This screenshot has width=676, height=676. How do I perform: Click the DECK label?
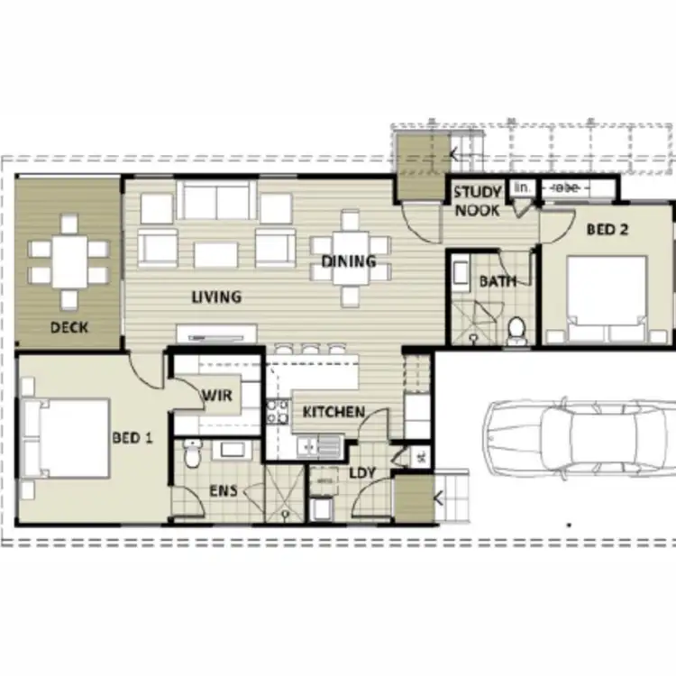tap(69, 327)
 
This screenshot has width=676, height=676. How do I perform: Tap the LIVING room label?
tap(215, 297)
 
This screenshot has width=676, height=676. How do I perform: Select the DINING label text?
tap(349, 262)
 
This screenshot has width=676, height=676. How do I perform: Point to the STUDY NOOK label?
tap(477, 201)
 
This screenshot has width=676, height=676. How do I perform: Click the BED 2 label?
tap(607, 230)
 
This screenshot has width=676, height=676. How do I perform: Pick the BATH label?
tap(497, 281)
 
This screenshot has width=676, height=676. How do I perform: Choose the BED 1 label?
tap(132, 438)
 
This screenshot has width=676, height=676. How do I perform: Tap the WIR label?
tap(216, 395)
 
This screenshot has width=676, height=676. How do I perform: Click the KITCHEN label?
tap(333, 413)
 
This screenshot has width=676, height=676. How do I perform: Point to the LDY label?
tap(361, 473)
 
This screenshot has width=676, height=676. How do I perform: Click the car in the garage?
tap(577, 440)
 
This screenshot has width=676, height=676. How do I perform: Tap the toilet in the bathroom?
tap(516, 332)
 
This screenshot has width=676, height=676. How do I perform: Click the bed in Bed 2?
tap(606, 293)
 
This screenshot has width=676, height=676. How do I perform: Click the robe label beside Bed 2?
tap(566, 187)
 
